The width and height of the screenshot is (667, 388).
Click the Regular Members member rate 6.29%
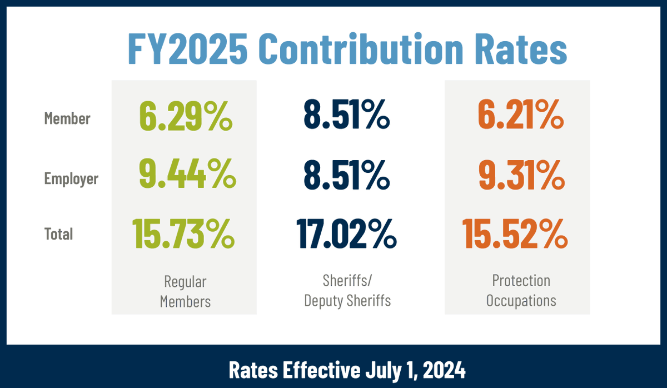[x=185, y=117]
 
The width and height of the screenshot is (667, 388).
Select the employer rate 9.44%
[x=187, y=176]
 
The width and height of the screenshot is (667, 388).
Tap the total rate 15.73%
[x=183, y=234]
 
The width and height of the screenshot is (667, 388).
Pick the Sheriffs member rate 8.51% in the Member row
[x=346, y=117]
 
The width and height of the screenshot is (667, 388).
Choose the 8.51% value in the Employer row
[x=346, y=176]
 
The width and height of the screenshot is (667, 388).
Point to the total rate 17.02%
[x=347, y=234]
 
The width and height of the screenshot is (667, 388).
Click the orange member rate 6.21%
[x=521, y=117]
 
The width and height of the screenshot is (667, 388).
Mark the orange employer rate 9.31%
[x=522, y=176]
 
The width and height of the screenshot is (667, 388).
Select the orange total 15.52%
[x=515, y=234]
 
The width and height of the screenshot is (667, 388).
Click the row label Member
[x=67, y=118]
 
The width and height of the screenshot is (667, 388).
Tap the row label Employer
[x=71, y=178]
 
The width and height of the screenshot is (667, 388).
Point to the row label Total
[x=58, y=234]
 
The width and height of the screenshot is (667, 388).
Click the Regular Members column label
[x=185, y=291]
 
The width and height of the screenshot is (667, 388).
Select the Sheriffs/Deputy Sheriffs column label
[x=347, y=290]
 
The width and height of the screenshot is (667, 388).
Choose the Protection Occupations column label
[x=521, y=290]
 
